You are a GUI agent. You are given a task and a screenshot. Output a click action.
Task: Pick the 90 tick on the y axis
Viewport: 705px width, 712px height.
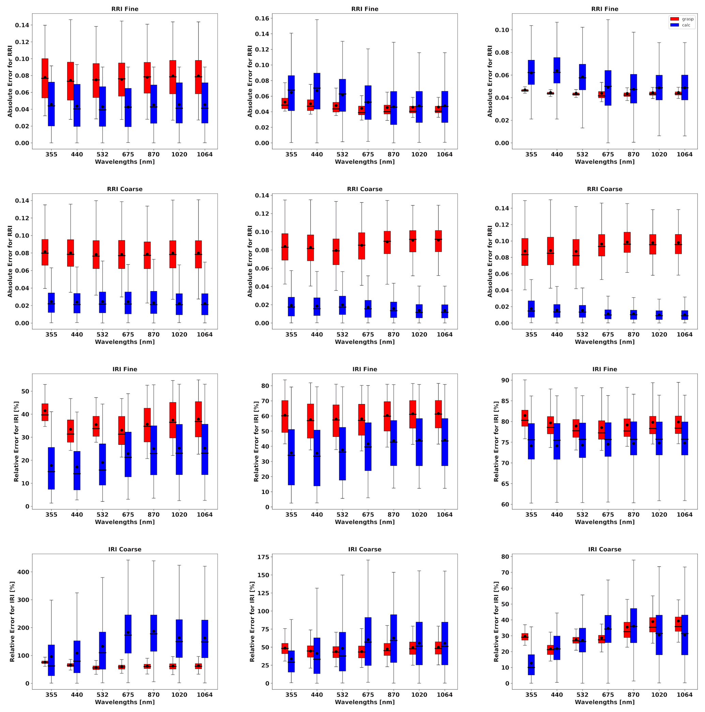click(504, 380)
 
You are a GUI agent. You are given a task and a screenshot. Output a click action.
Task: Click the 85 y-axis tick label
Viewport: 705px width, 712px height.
click(504, 401)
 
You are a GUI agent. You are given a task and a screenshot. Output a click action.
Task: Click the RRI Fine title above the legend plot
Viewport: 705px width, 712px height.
click(604, 9)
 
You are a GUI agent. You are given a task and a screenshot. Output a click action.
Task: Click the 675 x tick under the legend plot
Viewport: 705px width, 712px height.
click(608, 154)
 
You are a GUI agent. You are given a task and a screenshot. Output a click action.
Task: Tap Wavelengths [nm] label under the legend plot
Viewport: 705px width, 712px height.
click(604, 162)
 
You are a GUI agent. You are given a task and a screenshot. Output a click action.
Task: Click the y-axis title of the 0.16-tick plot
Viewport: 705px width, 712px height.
click(250, 81)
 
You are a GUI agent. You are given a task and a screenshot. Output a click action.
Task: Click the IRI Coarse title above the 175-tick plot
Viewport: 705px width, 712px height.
click(365, 550)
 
